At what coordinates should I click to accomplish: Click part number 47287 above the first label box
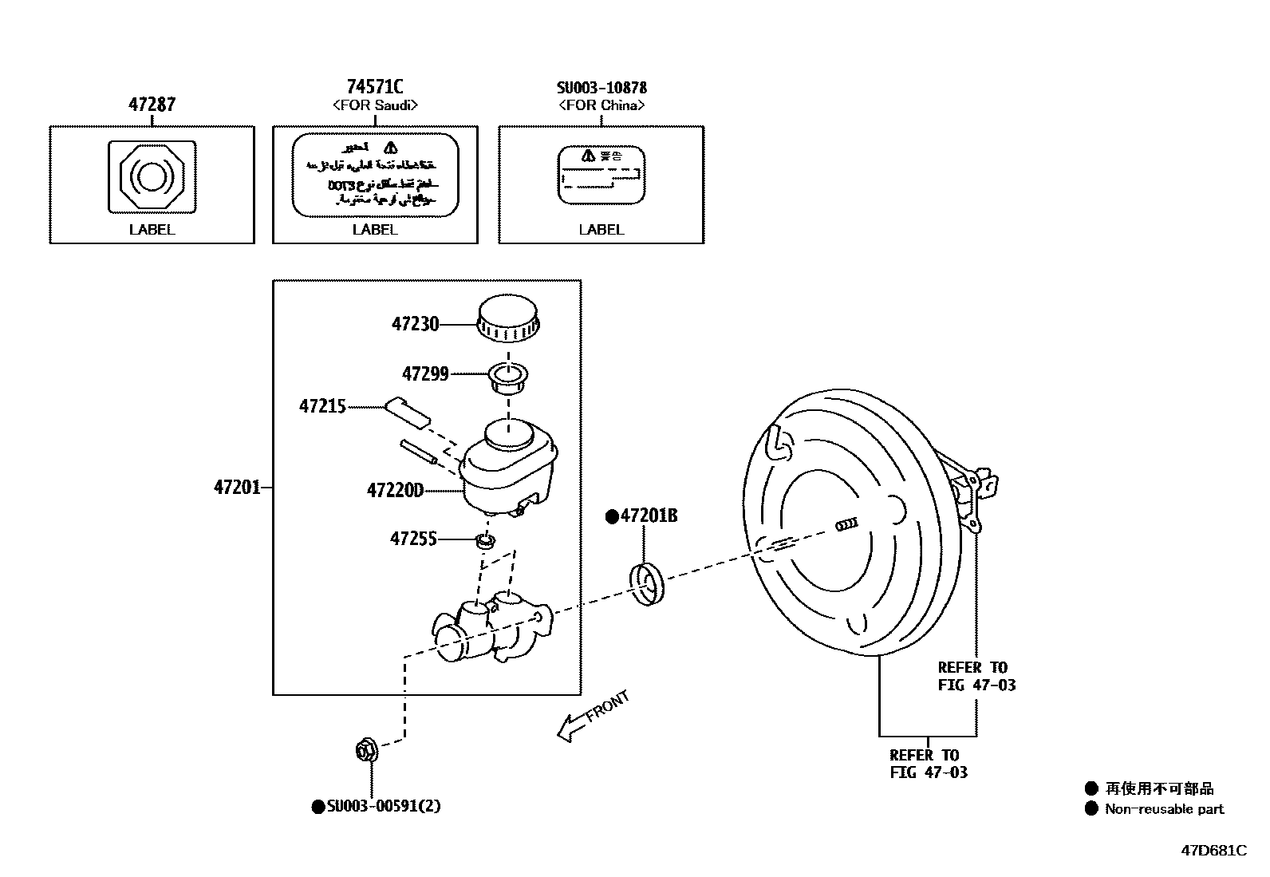click(x=152, y=105)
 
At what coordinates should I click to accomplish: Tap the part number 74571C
click(x=374, y=86)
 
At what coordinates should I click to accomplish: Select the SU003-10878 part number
click(x=601, y=87)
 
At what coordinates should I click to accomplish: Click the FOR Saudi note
click(x=374, y=105)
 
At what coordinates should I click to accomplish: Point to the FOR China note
click(x=601, y=105)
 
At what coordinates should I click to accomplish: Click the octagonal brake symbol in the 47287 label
click(x=152, y=176)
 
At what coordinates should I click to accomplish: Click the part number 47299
click(x=424, y=373)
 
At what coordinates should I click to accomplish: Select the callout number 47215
click(x=322, y=406)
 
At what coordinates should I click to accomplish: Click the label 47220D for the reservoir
click(x=395, y=490)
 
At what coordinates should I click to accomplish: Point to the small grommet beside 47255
click(x=485, y=541)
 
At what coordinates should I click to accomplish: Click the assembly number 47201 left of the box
click(x=237, y=487)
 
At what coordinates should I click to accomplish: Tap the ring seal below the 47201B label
click(x=647, y=584)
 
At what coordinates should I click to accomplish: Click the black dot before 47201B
click(x=612, y=517)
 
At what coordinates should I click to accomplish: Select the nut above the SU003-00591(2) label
click(x=366, y=750)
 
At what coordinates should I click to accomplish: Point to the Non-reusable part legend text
click(x=1163, y=809)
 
